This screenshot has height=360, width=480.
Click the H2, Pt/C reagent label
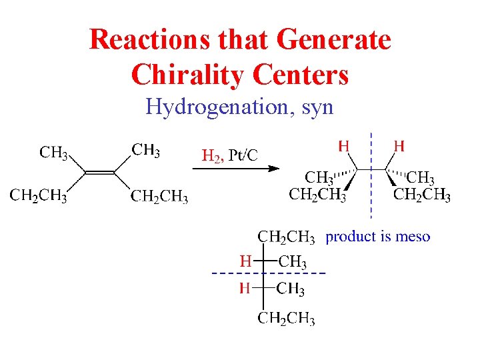[230, 156]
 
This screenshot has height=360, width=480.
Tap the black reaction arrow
[236, 169]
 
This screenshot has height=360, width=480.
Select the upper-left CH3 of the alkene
[54, 153]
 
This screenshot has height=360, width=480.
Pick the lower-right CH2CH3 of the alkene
[159, 197]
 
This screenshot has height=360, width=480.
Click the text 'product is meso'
[377, 237]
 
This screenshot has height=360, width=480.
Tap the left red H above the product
[344, 145]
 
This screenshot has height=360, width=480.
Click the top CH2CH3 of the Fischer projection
[287, 237]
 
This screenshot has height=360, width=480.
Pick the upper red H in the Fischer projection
[245, 261]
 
